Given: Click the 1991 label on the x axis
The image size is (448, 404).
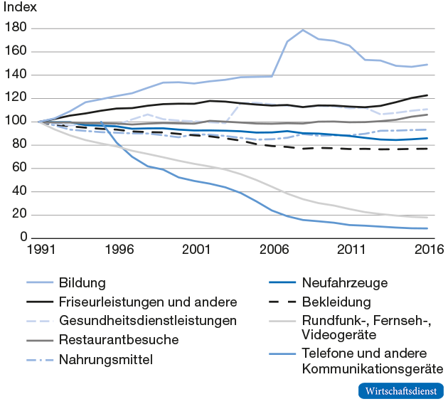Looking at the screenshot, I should pos(41,250).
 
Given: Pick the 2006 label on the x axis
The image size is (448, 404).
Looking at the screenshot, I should pos(273,250).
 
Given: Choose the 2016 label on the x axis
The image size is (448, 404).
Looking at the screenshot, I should pos(428,250).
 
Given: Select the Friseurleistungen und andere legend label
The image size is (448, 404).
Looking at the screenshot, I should pos(148,302).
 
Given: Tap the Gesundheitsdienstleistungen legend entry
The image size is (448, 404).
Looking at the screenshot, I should pos(148,321).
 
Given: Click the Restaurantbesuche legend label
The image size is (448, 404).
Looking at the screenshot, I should pos(119,340).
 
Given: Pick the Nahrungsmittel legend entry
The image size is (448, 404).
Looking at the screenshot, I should pos(106,359).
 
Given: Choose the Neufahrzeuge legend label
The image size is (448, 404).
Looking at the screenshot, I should pos(345,283).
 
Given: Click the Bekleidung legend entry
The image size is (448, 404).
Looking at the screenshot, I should pos(336,302).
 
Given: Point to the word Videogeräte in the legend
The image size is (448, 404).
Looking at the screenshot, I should pos(337,334).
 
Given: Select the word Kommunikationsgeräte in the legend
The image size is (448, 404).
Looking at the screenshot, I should pos(373,368).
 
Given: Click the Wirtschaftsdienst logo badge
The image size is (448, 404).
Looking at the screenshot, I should pos(400,390).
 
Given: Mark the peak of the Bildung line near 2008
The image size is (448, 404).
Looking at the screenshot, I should pos(304,30).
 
